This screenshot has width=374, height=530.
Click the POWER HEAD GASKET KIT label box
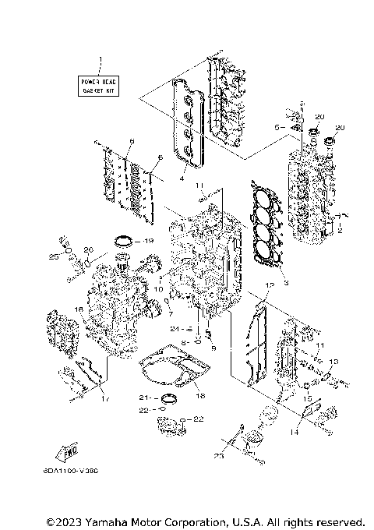(x=99, y=86)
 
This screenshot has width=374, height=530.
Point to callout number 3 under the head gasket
(x=286, y=283)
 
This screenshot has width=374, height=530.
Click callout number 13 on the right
(x=336, y=362)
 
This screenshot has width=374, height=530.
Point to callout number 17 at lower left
(x=105, y=399)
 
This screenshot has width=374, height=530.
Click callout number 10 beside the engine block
(x=158, y=289)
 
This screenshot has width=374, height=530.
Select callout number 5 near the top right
(x=277, y=125)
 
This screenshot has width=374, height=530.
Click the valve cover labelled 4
(x=187, y=125)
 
